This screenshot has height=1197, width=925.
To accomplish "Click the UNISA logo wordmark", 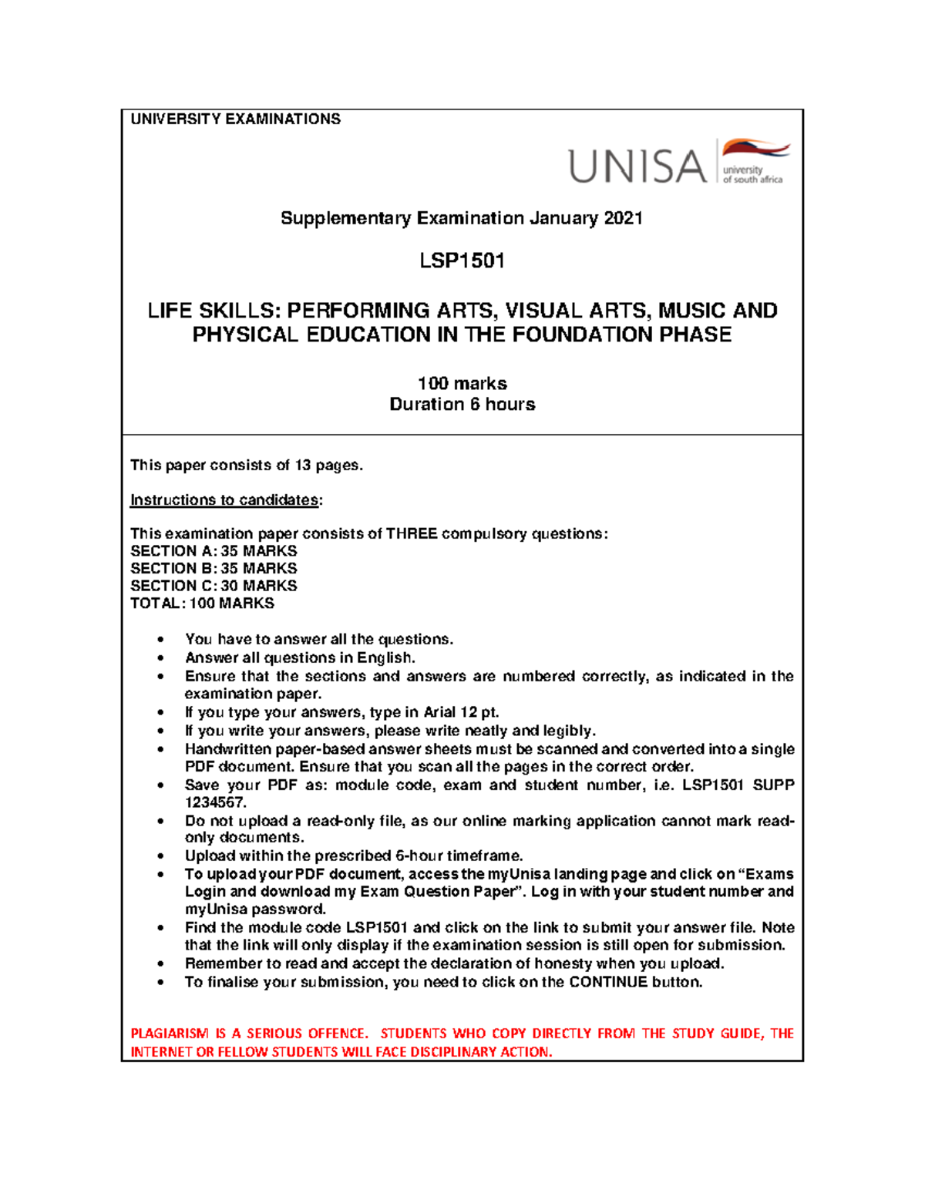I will [x=637, y=166].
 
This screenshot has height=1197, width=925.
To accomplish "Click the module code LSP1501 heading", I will [x=462, y=261].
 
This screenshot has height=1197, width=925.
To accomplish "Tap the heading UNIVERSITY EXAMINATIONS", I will [x=235, y=119].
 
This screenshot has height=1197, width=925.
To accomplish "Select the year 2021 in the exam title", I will [x=624, y=218].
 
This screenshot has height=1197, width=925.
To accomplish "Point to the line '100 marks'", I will [x=462, y=384].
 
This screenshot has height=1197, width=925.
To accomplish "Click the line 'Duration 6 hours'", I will [x=462, y=405].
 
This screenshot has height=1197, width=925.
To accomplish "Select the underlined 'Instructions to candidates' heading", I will [x=224, y=500].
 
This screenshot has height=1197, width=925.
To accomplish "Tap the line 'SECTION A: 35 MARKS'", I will [x=214, y=551].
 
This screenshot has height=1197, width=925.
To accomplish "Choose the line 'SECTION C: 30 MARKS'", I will [x=214, y=586].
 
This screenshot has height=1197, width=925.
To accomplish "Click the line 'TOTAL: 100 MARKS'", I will [x=202, y=604].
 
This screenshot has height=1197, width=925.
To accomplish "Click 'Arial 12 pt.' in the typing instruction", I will [x=461, y=712].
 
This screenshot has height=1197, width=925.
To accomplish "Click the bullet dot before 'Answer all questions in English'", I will [x=160, y=658].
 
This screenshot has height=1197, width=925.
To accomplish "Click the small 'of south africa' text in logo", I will [x=752, y=180].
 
